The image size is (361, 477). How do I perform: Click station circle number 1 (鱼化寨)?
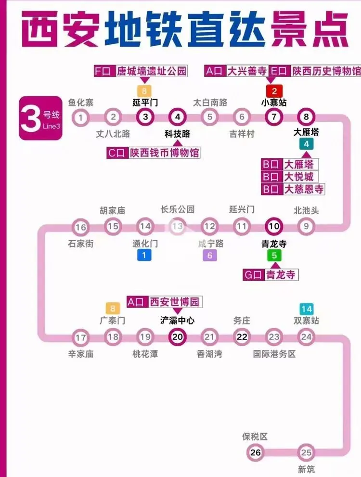pos(81,117)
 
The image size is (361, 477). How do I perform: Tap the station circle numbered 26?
pos(255,452)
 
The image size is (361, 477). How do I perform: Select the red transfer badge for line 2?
pos(274,90)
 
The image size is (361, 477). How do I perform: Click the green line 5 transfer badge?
pos(274,256)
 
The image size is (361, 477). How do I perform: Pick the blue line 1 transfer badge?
pos(143,256)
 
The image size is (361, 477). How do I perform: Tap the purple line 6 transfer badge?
pos(209,256)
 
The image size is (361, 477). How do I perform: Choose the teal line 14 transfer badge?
pos(306,309)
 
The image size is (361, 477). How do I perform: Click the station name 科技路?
pos(177,134)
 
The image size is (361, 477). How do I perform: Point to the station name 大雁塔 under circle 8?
pos(306,131)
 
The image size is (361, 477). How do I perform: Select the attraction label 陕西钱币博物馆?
pos(164,153)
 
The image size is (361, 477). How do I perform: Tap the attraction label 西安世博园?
pos(174,302)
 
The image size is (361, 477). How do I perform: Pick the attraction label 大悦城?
pos(298,177)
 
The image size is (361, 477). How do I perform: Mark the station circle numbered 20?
pos(178,337)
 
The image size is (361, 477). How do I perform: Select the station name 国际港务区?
pos(274,354)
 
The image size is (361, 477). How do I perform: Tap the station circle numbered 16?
pos(81,227)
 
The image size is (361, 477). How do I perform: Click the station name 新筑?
pos(307,469)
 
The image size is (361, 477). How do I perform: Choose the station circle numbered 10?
pos(274,227)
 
